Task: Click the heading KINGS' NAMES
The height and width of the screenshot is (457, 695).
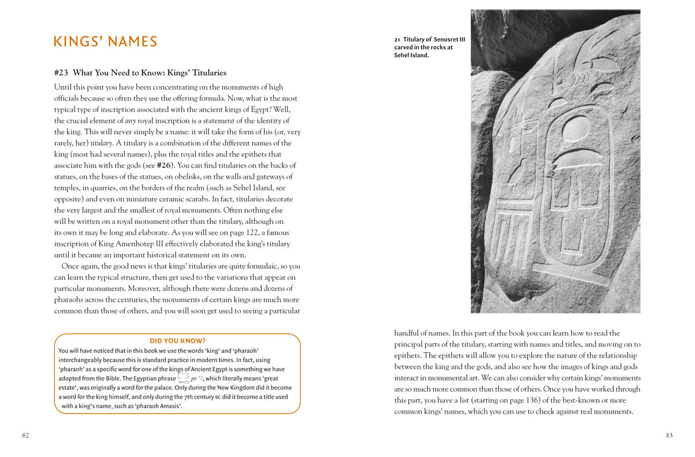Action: pyautogui.click(x=105, y=42)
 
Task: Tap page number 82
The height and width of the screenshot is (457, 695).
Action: pyautogui.click(x=25, y=436)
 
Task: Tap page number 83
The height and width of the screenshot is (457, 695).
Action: pyautogui.click(x=669, y=436)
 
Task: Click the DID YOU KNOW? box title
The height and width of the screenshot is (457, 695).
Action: pyautogui.click(x=177, y=341)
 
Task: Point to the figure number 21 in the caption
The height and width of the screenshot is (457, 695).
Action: pyautogui.click(x=397, y=39)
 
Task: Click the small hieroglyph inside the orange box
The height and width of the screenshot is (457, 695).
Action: pyautogui.click(x=183, y=378)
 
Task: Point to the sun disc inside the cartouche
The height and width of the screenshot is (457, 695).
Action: pyautogui.click(x=576, y=128)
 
